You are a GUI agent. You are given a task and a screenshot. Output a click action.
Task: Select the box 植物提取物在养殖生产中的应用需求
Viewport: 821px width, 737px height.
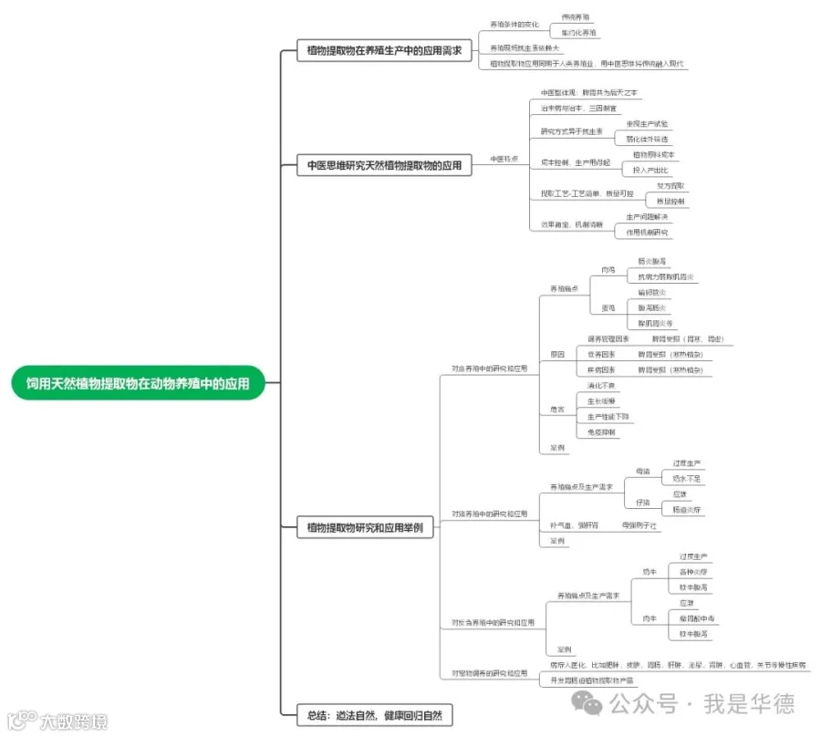pyautogui.click(x=383, y=52)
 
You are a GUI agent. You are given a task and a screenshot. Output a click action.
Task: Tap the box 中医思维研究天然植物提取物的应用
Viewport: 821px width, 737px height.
pyautogui.click(x=383, y=166)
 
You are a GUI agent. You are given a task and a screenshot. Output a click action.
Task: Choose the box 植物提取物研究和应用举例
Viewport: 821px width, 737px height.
pyautogui.click(x=365, y=528)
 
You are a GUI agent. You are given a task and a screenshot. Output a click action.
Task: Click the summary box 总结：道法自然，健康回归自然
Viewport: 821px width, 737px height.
pyautogui.click(x=375, y=715)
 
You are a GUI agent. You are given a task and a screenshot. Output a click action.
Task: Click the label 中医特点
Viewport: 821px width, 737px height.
pyautogui.click(x=504, y=159)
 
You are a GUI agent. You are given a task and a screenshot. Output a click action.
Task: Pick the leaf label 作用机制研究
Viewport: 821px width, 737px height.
pyautogui.click(x=648, y=233)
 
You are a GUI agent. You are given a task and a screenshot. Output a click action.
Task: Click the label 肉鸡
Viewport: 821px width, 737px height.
pyautogui.click(x=608, y=270)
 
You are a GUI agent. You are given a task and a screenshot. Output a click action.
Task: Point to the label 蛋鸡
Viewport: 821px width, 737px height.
pyautogui.click(x=608, y=307)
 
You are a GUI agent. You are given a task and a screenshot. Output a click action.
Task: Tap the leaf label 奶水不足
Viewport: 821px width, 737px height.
pyautogui.click(x=686, y=478)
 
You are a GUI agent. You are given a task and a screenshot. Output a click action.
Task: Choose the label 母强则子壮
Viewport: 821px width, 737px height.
pyautogui.click(x=639, y=525)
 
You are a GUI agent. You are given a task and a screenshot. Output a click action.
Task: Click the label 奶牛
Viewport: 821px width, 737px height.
pyautogui.click(x=650, y=572)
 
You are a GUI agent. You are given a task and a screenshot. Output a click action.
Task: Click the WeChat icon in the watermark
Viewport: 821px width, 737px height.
pyautogui.click(x=586, y=703)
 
